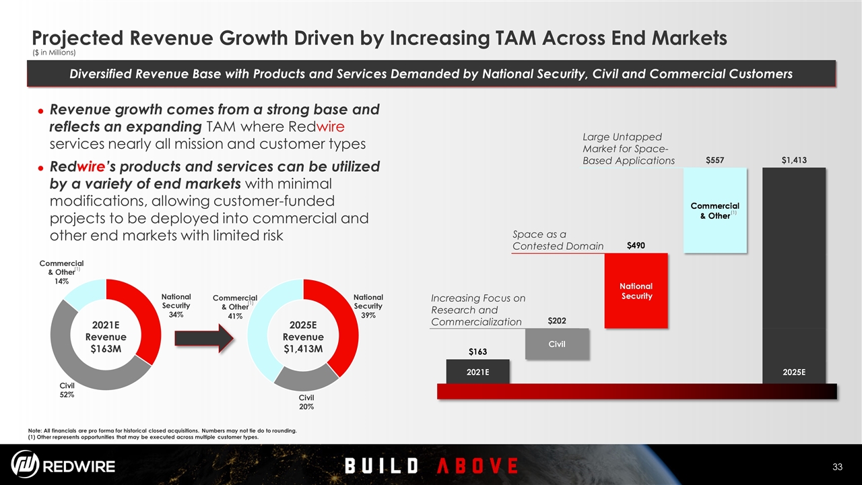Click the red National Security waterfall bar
pos(636,291)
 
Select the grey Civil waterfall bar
pos(557,344)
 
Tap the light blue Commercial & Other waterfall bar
pos(715,209)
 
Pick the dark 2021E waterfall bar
pos(477,371)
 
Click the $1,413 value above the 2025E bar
pos(794,160)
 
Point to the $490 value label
pos(636,246)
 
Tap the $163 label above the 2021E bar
pos(477,352)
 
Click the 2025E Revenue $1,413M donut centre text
pos(302,336)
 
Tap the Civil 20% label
pos(306,402)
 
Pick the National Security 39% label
pos(368,306)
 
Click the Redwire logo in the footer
pos(63,465)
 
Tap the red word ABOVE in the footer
pos(477,465)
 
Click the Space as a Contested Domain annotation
pos(558,240)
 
